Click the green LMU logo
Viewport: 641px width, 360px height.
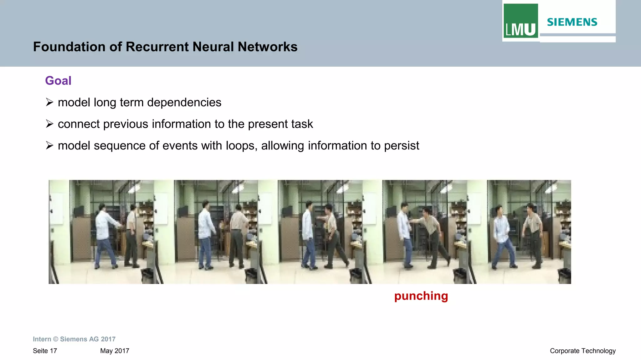click(x=520, y=21)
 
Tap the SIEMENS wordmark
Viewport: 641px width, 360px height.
click(x=572, y=22)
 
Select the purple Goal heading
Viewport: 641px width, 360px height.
click(x=58, y=81)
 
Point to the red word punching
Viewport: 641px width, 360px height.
click(x=421, y=296)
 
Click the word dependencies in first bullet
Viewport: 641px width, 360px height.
click(x=184, y=103)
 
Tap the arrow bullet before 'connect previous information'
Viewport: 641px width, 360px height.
click(x=49, y=124)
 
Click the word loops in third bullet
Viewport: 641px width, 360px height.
click(x=240, y=146)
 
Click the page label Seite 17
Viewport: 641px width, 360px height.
click(x=45, y=351)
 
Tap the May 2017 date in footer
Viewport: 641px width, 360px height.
click(x=115, y=351)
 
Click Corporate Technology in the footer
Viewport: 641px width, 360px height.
click(x=582, y=351)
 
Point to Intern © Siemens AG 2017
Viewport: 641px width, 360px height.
click(x=74, y=339)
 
